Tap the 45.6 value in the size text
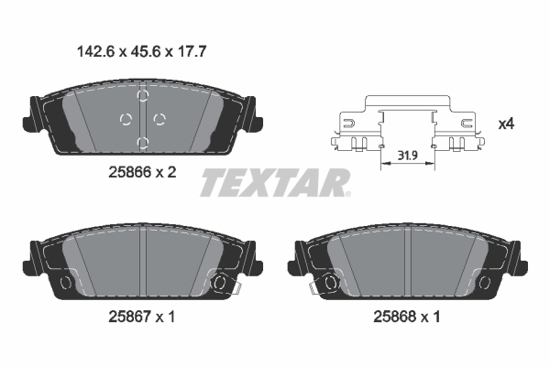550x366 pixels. coord(137,53)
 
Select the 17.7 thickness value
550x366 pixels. coord(187,53)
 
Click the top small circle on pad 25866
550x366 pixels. coord(142,94)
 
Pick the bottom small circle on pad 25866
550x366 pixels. coord(142,141)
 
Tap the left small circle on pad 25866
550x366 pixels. coord(126,117)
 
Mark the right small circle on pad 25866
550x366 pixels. coord(159,117)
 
